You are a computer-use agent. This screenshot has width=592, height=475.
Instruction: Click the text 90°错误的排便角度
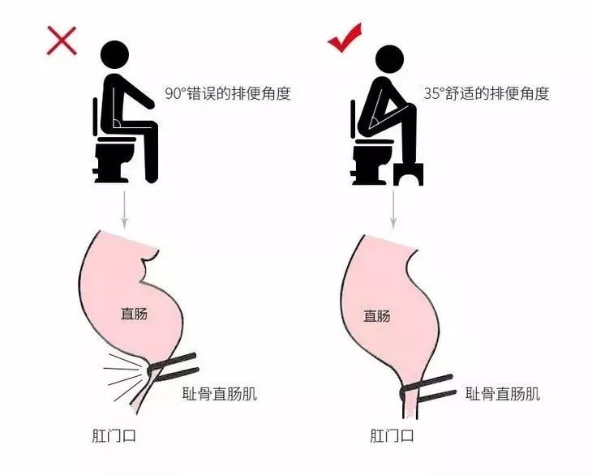pyautogui.click(x=228, y=93)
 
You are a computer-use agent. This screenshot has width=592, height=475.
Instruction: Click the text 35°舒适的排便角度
pyautogui.click(x=487, y=93)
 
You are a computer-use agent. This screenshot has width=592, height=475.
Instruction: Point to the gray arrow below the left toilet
pyautogui.click(x=124, y=209)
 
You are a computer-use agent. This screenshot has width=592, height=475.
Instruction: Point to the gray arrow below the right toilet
pyautogui.click(x=393, y=209)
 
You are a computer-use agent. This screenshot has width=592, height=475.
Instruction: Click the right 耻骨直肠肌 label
pyautogui.click(x=503, y=395)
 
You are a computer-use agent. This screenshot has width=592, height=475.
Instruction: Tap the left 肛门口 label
pyautogui.click(x=114, y=435)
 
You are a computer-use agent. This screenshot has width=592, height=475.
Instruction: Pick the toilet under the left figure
pyautogui.click(x=114, y=158)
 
